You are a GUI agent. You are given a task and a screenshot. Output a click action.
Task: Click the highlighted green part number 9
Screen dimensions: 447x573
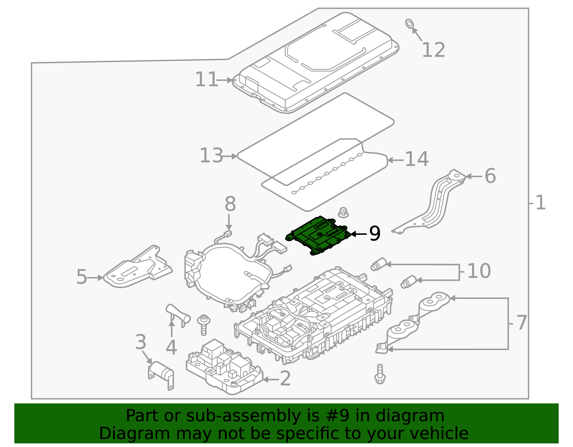click(318, 236)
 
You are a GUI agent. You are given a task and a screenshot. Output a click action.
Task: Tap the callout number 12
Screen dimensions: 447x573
click(433, 50)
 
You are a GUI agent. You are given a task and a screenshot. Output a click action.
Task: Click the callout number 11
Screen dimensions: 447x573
click(206, 79)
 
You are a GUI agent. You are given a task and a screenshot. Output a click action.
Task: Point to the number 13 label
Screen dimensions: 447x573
click(211, 156)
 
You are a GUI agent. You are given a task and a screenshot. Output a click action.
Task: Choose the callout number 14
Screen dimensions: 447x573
click(416, 159)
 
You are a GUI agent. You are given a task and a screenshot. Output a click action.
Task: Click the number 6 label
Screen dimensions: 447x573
click(490, 176)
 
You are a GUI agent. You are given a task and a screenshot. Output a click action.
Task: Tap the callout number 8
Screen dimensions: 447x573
click(230, 204)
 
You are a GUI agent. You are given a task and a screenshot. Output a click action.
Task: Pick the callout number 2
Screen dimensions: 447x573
click(285, 379)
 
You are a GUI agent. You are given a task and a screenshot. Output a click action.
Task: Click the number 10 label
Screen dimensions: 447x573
click(479, 271)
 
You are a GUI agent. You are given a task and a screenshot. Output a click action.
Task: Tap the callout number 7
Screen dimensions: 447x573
click(521, 323)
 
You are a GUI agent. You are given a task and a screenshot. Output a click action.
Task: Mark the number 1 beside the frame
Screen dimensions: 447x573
click(540, 203)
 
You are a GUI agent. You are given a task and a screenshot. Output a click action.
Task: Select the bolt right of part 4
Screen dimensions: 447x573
click(203, 324)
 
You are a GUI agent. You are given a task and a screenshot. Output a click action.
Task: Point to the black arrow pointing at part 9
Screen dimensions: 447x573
click(358, 234)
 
